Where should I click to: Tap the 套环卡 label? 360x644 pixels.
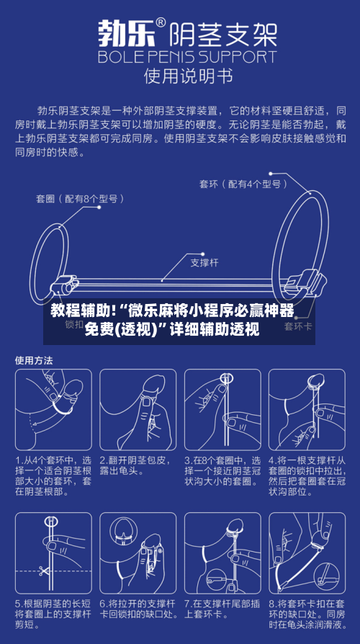[x=297, y=326]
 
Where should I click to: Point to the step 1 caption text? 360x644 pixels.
[x=54, y=475]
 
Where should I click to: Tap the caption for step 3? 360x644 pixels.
[x=222, y=470]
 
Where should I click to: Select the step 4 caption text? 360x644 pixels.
[x=306, y=475]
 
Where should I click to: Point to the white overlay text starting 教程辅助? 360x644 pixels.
[x=173, y=321]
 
